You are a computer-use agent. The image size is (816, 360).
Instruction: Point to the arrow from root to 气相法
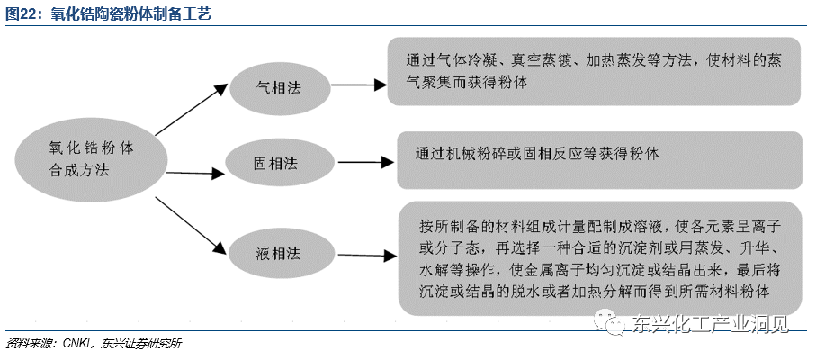click(192, 109)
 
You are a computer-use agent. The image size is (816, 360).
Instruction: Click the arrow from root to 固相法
click(195, 173)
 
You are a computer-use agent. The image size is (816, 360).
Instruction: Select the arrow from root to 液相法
click(191, 225)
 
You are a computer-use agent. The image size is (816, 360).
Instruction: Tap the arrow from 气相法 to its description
click(359, 85)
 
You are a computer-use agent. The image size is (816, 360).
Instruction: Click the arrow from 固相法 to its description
click(365, 162)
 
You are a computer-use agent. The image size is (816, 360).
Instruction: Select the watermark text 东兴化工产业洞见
click(710, 323)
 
